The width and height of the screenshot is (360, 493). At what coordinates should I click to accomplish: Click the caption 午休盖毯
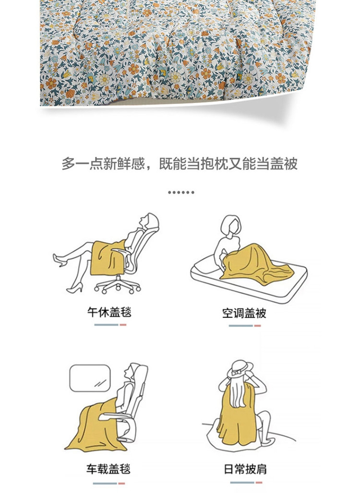(109, 312)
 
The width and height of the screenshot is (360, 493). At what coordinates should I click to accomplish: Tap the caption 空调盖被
(244, 313)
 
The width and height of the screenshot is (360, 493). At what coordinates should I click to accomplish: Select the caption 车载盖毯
(108, 469)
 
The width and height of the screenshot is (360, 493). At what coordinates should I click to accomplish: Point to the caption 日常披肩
(245, 469)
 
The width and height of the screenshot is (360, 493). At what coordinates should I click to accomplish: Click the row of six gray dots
(181, 192)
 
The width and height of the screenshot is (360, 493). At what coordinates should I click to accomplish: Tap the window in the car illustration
(90, 378)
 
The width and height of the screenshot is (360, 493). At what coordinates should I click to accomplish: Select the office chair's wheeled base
(118, 285)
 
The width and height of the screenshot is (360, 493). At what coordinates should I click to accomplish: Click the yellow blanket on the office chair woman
(107, 258)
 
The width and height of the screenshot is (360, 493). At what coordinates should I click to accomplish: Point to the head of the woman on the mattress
(232, 225)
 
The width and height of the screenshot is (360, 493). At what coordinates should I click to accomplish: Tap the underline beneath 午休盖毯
(110, 325)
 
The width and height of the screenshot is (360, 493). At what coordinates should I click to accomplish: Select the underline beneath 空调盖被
(245, 326)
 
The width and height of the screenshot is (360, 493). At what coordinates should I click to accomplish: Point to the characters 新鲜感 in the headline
(124, 164)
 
